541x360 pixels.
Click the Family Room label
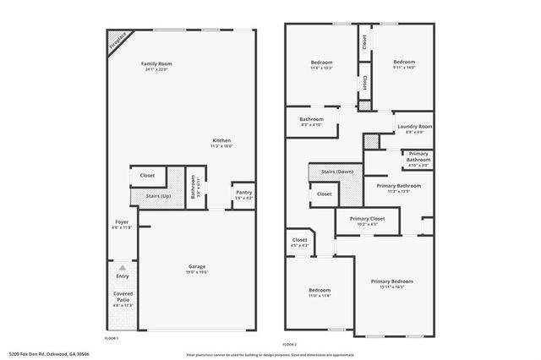click(x=156, y=64)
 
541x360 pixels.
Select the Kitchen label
click(x=221, y=140)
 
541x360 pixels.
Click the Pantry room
click(x=243, y=194)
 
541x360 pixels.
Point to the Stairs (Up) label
click(x=159, y=196)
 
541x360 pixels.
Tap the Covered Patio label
click(x=123, y=296)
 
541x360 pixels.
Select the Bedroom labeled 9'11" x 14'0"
click(x=403, y=63)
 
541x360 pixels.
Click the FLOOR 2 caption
click(x=290, y=345)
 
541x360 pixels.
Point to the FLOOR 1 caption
click(x=112, y=338)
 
